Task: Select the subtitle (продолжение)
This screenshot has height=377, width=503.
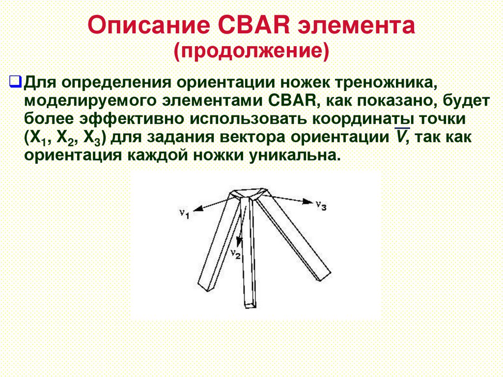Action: coord(251,50)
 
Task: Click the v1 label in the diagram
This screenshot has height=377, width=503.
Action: coord(184,213)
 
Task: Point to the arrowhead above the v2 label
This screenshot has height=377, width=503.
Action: coord(240,240)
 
